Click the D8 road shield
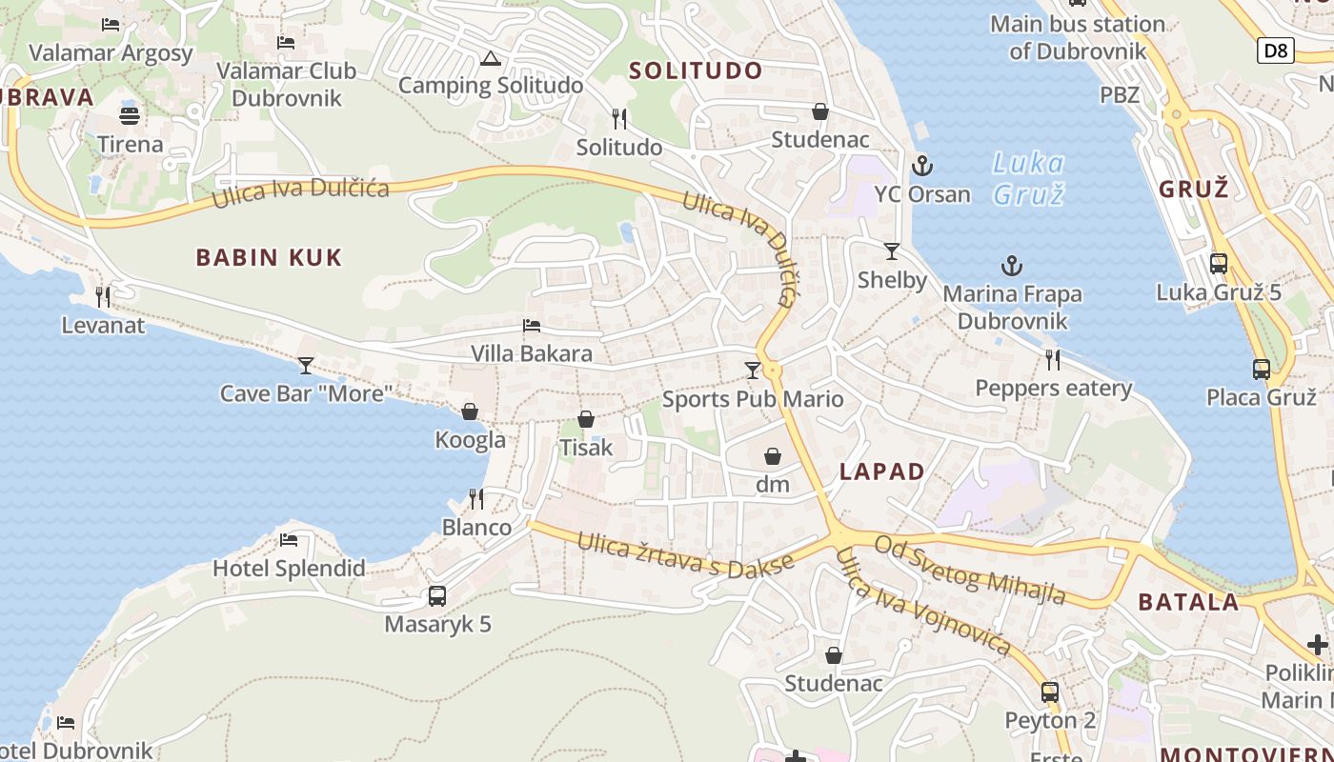click(x=1275, y=50)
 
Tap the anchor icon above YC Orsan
click(x=921, y=166)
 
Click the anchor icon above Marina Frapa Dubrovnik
click(x=1011, y=266)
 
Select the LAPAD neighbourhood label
click(x=881, y=471)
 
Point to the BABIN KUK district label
click(x=269, y=257)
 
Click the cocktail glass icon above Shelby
click(x=891, y=251)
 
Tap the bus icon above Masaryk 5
click(x=437, y=596)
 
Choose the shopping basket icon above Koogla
click(x=470, y=411)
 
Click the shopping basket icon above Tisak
click(x=586, y=419)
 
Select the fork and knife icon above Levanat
click(x=103, y=297)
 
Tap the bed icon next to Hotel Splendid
click(x=289, y=540)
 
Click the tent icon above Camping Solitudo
click(x=490, y=59)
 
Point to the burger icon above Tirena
click(x=131, y=116)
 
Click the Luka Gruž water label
click(x=1028, y=178)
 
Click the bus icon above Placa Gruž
click(x=1261, y=369)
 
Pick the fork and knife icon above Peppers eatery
click(x=1053, y=360)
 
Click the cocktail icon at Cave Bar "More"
click(x=305, y=365)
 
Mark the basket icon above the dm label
click(x=773, y=456)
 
